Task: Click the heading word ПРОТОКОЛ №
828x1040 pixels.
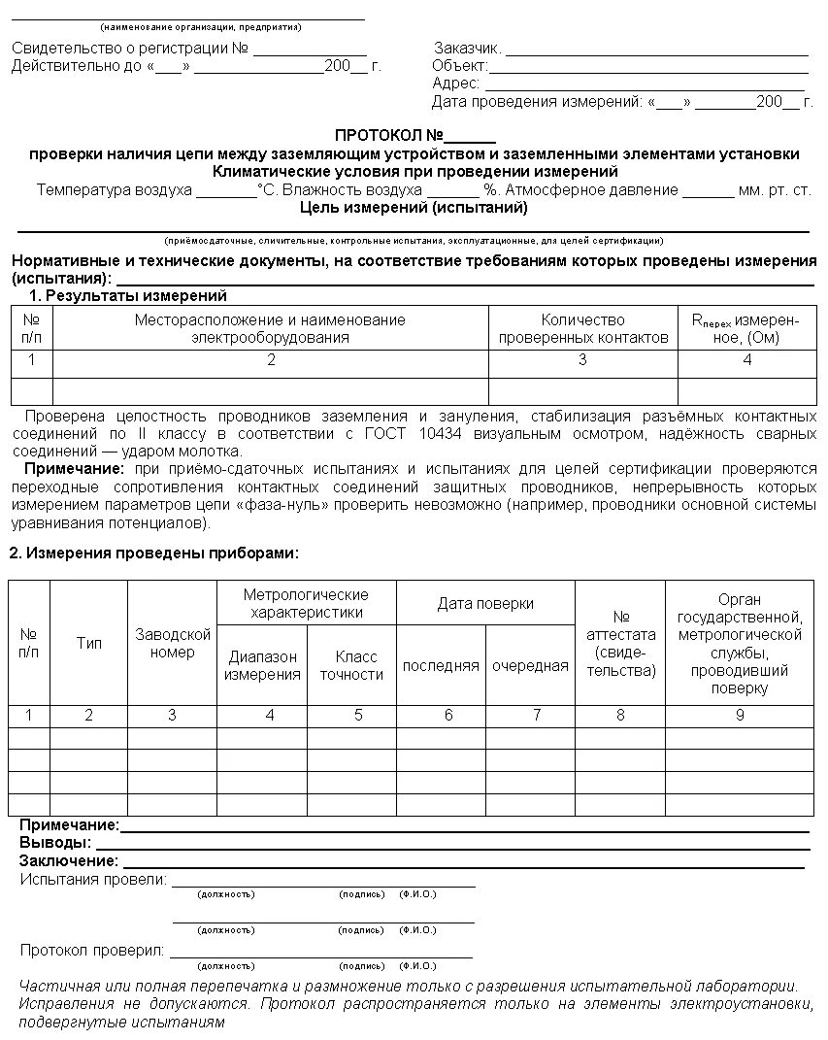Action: click(x=388, y=135)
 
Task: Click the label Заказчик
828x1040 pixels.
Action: click(x=467, y=49)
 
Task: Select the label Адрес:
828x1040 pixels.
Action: click(x=455, y=84)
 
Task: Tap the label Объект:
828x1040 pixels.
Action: click(x=459, y=66)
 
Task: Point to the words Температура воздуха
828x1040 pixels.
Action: click(x=114, y=190)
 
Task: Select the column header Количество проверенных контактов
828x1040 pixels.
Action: click(x=582, y=328)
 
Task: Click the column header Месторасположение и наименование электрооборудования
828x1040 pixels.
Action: click(x=270, y=328)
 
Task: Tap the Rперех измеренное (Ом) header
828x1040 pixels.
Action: click(x=746, y=328)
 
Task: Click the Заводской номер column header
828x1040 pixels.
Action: click(x=172, y=643)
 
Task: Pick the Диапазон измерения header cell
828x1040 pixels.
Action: click(x=262, y=665)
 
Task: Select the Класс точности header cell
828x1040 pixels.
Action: click(x=351, y=665)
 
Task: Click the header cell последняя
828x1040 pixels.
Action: click(x=441, y=665)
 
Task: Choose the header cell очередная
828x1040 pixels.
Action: click(x=530, y=665)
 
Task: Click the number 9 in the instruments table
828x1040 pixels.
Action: click(x=739, y=715)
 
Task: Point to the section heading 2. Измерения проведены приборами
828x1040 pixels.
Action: click(x=153, y=554)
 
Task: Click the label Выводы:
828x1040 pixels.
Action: click(x=55, y=842)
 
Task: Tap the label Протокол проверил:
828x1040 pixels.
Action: click(x=92, y=951)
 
